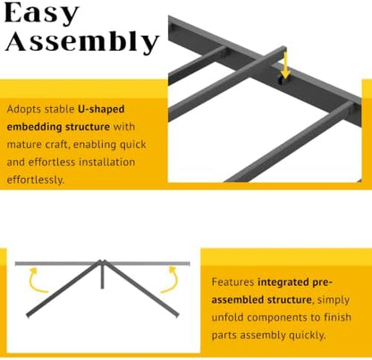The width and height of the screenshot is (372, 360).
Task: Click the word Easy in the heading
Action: pos(41,13)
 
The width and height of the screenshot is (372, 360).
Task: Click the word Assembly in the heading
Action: pos(82,42)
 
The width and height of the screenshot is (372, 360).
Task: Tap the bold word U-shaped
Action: pos(101,109)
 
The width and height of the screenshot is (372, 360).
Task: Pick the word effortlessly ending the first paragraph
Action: pos(35,180)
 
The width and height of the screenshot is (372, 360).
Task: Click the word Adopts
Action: pos(23,110)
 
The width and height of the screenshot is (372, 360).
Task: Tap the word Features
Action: pos(232,281)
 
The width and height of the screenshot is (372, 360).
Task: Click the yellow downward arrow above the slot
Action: pos(285,64)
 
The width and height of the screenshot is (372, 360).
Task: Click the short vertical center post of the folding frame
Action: pos(102,275)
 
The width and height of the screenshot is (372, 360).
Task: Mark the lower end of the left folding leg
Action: pos(28,315)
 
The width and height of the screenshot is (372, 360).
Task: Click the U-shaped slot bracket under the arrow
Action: pos(281,80)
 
